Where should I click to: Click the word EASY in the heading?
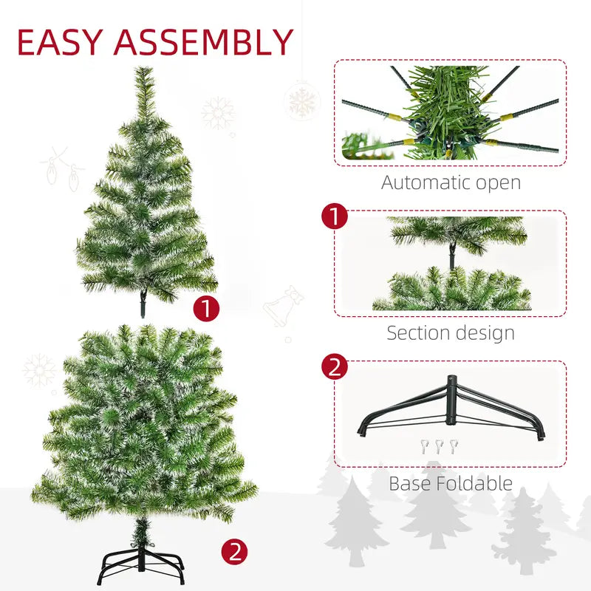pyautogui.click(x=61, y=43)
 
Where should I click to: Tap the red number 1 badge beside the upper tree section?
pyautogui.click(x=206, y=308)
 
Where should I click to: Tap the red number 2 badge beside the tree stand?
pyautogui.click(x=234, y=551)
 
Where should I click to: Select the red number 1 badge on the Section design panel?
pyautogui.click(x=335, y=216)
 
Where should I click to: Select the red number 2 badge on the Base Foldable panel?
pyautogui.click(x=335, y=367)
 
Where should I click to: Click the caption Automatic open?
pyautogui.click(x=451, y=182)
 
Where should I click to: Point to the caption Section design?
pyautogui.click(x=451, y=332)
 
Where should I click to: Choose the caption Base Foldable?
pyautogui.click(x=451, y=484)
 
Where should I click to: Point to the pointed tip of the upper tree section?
pyautogui.click(x=143, y=72)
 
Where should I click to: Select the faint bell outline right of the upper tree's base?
pyautogui.click(x=281, y=308)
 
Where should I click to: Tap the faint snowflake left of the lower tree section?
pyautogui.click(x=39, y=370)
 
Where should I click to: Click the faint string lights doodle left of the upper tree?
pyautogui.click(x=61, y=168)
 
